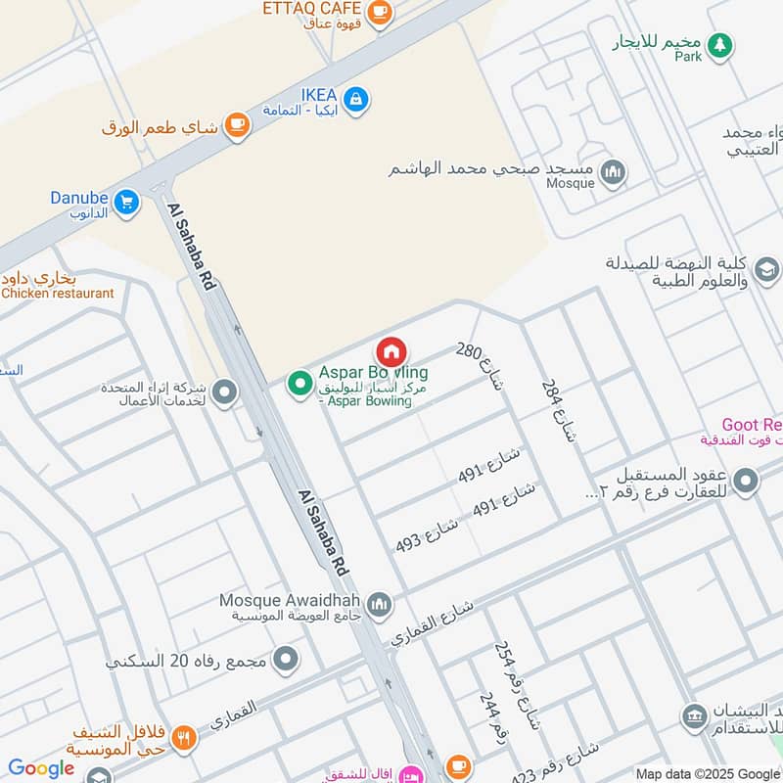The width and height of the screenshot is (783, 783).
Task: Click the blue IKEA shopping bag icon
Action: click(356, 98)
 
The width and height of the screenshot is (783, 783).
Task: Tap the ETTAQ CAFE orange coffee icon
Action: click(380, 12)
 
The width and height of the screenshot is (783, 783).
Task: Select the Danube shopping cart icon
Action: click(125, 203)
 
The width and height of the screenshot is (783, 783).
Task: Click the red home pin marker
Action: click(391, 352)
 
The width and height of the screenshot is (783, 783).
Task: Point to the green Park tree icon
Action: click(720, 44)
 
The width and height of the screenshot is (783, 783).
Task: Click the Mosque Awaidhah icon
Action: click(379, 605)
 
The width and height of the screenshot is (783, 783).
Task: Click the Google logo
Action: click(41, 768)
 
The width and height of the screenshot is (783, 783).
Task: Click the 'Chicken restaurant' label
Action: click(59, 293)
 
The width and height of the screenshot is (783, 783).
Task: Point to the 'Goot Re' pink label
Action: click(752, 424)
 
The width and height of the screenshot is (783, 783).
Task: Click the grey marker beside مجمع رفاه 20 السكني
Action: click(286, 660)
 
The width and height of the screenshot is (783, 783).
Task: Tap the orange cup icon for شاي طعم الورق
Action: click(236, 124)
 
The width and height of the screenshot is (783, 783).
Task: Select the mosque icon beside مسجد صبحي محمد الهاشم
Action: click(613, 172)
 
